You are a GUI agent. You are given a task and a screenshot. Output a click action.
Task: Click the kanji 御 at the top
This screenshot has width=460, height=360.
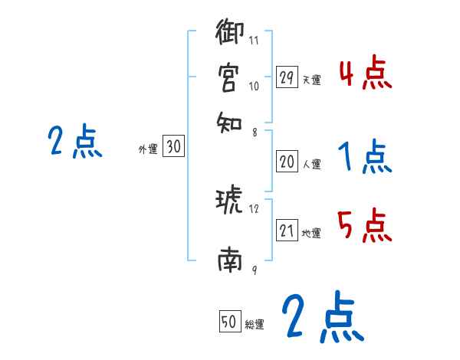click(x=230, y=34)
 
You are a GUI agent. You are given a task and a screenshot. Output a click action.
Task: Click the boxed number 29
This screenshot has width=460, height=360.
click(x=287, y=77)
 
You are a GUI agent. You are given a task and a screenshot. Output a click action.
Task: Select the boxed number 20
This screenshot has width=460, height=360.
click(x=287, y=162)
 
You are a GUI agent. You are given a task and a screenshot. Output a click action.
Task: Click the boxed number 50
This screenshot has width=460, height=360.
click(x=228, y=322)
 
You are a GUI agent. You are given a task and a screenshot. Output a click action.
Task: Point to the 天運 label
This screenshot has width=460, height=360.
click(x=311, y=80)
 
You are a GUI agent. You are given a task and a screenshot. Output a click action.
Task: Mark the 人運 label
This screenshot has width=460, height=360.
click(x=311, y=164)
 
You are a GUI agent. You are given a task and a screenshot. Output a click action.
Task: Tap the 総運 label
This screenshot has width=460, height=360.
click(x=254, y=324)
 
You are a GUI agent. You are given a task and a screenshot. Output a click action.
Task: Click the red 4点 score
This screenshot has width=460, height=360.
click(x=365, y=75)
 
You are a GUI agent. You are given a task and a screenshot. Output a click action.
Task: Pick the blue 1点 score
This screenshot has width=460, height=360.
click(x=365, y=158)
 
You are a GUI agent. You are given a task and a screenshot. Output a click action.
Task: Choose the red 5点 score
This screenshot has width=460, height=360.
click(x=365, y=227)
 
